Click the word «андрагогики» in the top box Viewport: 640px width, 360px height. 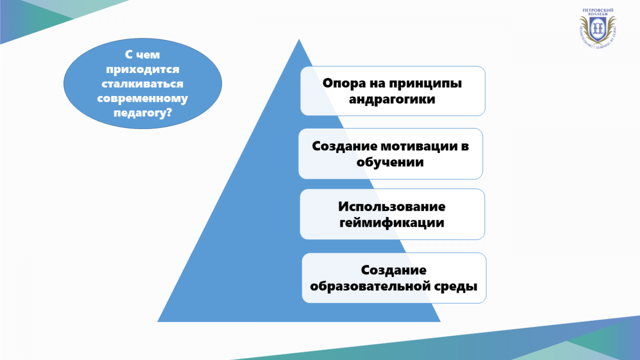tap(392, 100)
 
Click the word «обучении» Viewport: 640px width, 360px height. tap(390, 162)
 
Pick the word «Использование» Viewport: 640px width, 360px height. tap(391, 206)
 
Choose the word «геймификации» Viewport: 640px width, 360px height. tap(391, 223)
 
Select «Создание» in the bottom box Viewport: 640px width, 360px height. tap(394, 270)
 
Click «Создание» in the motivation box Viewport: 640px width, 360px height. tap(345, 146)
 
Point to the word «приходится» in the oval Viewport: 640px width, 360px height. tap(142, 70)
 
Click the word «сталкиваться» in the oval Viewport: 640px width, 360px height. tap(142, 84)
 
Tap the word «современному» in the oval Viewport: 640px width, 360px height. tap(142, 99)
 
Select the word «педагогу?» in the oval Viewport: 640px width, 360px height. tap(142, 113)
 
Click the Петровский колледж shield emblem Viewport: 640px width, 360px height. tap(597, 29)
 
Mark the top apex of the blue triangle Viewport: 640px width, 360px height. tap(299, 39)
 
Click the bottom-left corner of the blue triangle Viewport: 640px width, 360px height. tap(157, 322)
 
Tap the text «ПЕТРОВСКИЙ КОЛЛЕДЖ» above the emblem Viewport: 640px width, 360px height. tap(598, 12)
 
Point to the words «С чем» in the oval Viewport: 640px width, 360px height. tap(142, 55)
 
